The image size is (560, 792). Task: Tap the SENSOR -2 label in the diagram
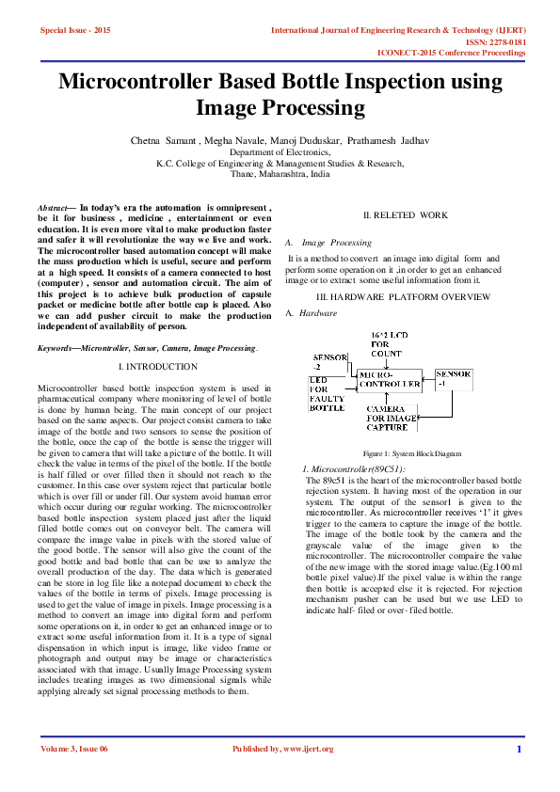tap(329, 363)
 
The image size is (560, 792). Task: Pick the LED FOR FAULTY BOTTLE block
tap(327, 394)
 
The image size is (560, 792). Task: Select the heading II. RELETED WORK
tap(406, 215)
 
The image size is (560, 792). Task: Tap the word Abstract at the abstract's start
tap(52, 206)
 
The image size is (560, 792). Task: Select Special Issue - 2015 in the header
tap(75, 31)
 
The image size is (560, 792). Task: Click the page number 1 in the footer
tap(519, 749)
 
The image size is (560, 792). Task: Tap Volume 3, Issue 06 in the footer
tap(74, 749)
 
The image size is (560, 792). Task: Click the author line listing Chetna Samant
tap(280, 140)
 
